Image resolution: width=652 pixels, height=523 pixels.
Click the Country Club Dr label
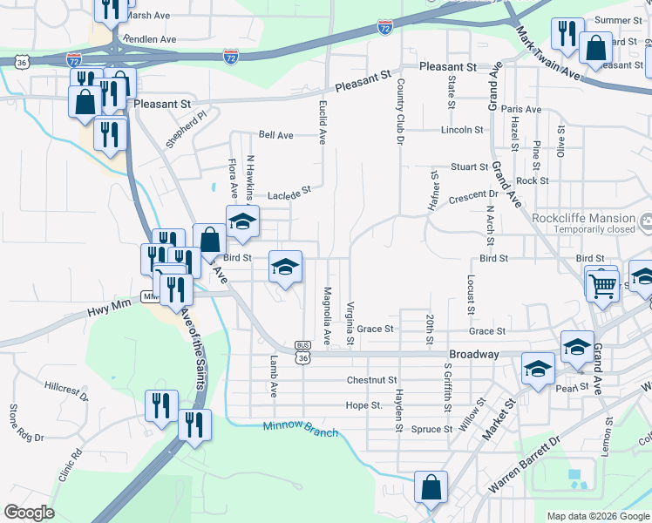tap(401, 111)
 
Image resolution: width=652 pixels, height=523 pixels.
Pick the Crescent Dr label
tap(472, 195)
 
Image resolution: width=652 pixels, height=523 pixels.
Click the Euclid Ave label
tap(322, 120)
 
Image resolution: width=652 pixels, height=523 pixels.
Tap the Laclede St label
tap(289, 193)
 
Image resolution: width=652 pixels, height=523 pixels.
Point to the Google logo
tap(29, 513)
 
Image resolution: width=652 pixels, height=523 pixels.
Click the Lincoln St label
tap(462, 130)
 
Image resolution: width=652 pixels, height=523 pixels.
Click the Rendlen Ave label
tap(150, 39)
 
